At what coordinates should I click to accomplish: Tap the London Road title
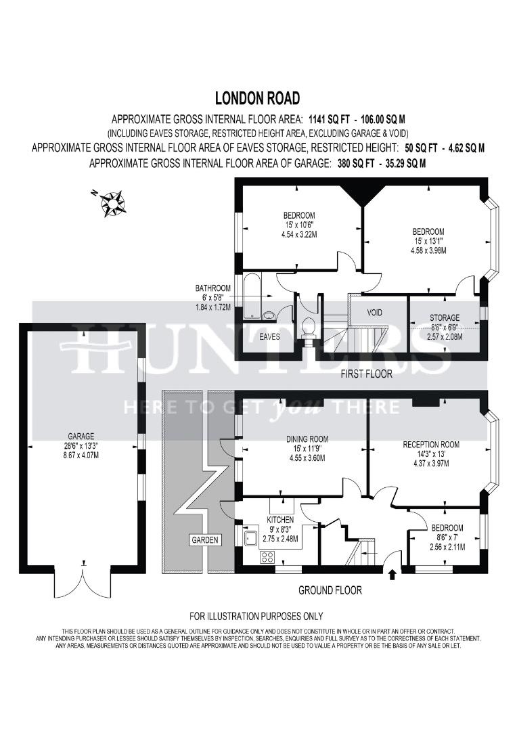pyautogui.click(x=257, y=98)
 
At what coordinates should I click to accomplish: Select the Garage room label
pyautogui.click(x=81, y=437)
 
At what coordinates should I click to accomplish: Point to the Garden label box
pyautogui.click(x=205, y=540)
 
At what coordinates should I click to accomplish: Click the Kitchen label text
pyautogui.click(x=280, y=519)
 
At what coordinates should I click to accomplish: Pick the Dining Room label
pyautogui.click(x=307, y=439)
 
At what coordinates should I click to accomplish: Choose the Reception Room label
pyautogui.click(x=431, y=444)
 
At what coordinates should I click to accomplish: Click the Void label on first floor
pyautogui.click(x=375, y=312)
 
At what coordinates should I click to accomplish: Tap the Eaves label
pyautogui.click(x=269, y=336)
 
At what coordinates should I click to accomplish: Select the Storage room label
pyautogui.click(x=445, y=317)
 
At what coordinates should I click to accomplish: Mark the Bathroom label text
pyautogui.click(x=212, y=288)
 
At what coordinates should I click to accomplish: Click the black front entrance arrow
pyautogui.click(x=392, y=574)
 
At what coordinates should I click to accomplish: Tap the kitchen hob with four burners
pyautogui.click(x=267, y=556)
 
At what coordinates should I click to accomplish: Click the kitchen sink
pyautogui.click(x=251, y=537)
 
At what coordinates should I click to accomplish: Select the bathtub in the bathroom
pyautogui.click(x=252, y=297)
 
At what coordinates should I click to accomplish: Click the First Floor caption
pyautogui.click(x=366, y=374)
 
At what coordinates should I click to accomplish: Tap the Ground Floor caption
pyautogui.click(x=330, y=590)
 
